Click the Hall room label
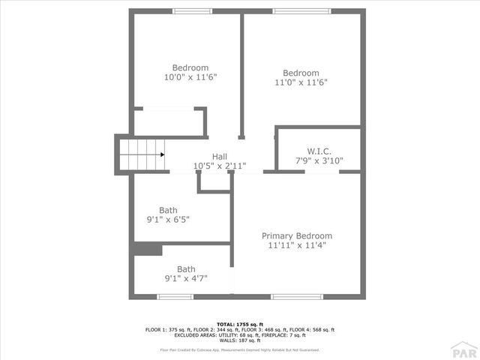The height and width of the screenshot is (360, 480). (220, 157)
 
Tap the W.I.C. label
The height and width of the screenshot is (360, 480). (319, 151)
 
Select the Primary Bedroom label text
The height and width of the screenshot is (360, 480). (297, 235)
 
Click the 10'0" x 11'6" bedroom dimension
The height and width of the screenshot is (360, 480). (190, 77)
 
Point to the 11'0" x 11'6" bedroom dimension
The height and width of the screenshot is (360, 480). (301, 82)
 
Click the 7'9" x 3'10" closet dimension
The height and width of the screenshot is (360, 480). (319, 160)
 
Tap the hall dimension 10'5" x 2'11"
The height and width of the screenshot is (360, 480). (220, 166)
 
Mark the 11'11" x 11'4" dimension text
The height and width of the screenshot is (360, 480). (297, 245)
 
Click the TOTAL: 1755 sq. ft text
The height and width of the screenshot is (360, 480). (240, 323)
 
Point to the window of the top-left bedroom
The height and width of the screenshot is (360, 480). (192, 11)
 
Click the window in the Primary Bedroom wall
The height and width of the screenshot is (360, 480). (296, 297)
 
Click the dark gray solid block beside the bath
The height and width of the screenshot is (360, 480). (148, 250)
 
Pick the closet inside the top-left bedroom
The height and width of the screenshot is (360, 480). (169, 123)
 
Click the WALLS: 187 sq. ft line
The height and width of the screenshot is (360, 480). (240, 340)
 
